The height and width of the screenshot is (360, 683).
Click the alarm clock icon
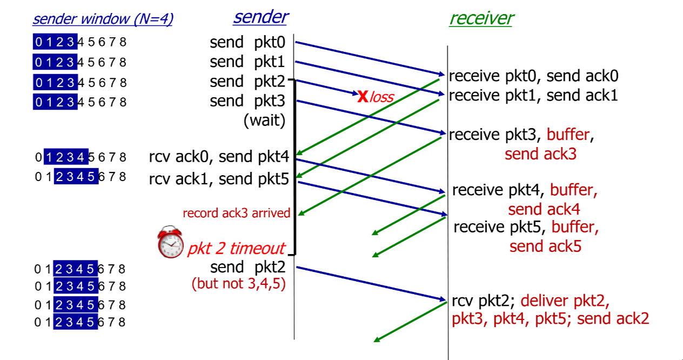tap(171, 244)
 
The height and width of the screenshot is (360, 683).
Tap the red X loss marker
tap(363, 97)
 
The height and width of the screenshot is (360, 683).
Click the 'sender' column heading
tap(260, 17)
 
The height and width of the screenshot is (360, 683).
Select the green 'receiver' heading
tap(481, 18)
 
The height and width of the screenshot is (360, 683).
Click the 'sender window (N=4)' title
tap(103, 19)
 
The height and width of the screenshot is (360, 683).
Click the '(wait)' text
tap(264, 120)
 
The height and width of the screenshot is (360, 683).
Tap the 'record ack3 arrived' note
tap(237, 213)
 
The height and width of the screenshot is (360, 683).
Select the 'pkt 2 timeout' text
tap(236, 248)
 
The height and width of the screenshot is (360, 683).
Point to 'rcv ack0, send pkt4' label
tap(219, 157)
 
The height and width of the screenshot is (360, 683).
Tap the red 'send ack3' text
tap(540, 154)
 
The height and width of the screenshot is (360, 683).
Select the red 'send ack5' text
tap(545, 246)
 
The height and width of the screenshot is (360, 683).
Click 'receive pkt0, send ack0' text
tap(534, 76)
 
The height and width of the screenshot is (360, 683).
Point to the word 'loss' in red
tap(381, 97)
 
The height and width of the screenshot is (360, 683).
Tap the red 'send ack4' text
tap(544, 209)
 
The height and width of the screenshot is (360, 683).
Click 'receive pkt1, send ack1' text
tap(533, 96)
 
